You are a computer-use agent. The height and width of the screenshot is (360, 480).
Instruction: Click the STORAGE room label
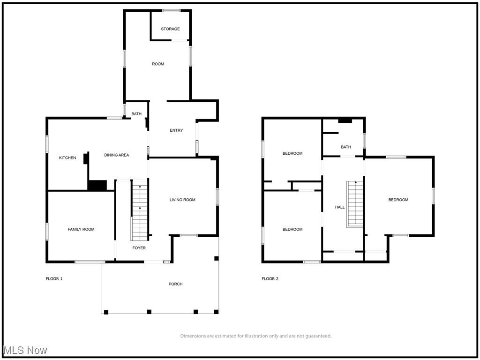170,29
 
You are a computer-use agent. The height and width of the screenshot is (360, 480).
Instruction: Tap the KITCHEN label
67,158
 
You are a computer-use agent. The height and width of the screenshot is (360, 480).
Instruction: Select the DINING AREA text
116,155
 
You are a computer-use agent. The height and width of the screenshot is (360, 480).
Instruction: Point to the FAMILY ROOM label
81,229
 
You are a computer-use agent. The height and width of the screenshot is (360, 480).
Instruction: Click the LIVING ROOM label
182,200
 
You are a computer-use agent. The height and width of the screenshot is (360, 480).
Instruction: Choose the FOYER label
139,248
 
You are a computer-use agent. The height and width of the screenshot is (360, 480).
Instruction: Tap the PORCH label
176,284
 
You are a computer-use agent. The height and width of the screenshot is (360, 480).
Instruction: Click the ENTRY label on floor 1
176,130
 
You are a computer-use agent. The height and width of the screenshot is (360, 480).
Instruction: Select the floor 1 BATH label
136,114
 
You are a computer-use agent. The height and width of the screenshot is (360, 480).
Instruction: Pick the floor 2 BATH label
346,147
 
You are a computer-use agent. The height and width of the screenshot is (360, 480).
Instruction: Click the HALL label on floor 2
340,207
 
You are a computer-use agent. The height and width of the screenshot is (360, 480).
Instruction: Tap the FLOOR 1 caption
54,279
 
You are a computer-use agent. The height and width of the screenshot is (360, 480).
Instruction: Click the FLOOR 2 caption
270,279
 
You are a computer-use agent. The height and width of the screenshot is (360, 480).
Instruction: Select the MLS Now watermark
25,351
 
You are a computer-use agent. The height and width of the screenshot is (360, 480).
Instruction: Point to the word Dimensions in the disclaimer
192,336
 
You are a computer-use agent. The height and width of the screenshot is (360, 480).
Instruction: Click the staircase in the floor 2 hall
355,204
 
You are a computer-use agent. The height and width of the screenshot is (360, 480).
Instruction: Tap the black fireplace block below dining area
97,186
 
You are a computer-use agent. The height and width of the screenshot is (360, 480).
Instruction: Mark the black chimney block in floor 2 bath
345,121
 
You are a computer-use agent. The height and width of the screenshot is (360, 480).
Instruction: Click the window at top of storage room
172,10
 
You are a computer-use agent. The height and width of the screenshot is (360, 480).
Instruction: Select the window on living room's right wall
217,196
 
